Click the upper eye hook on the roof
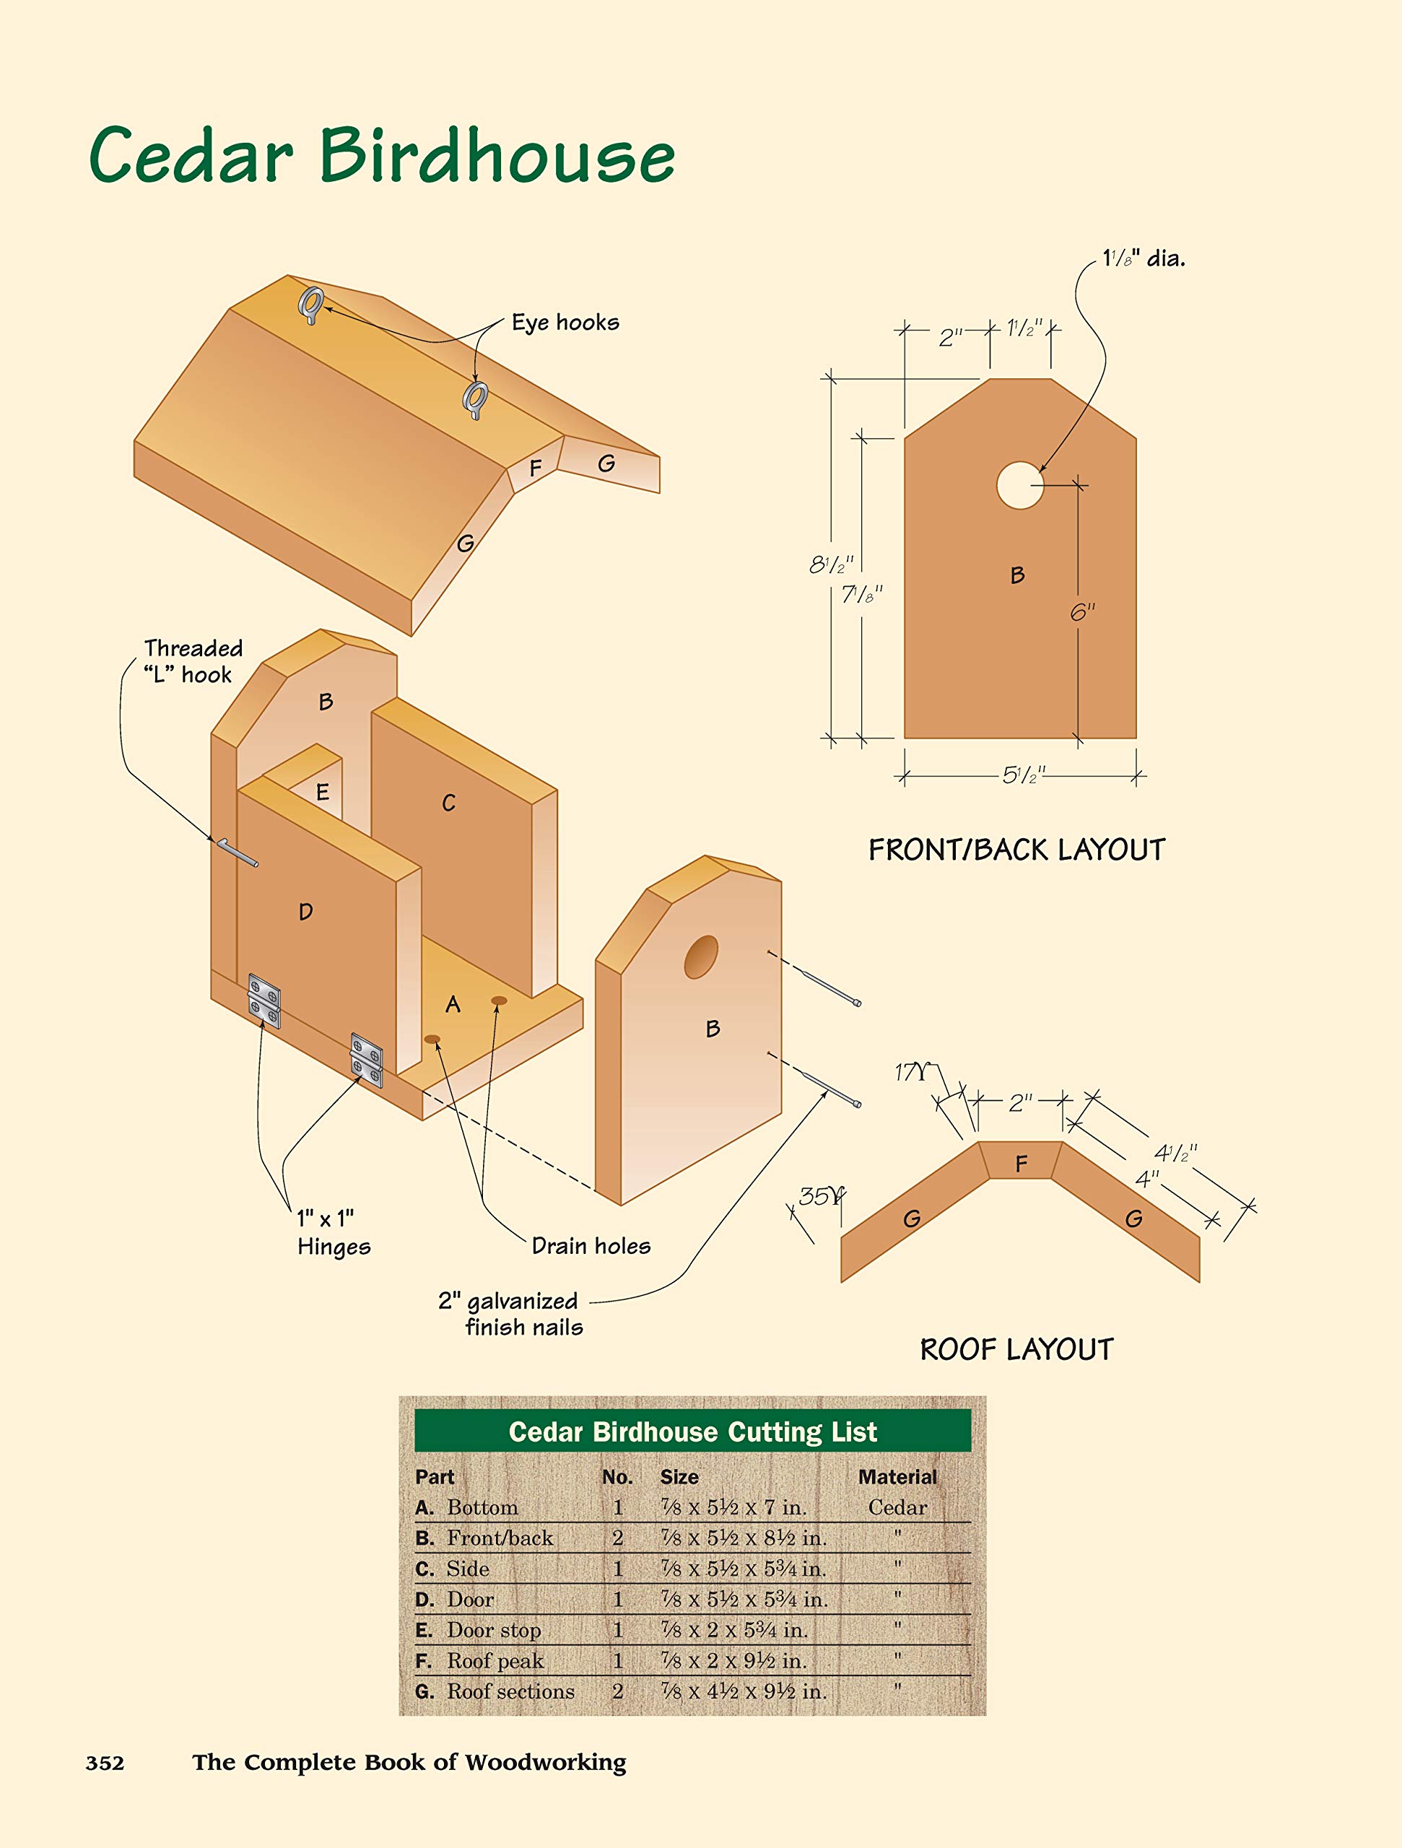click(312, 304)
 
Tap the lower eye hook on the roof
click(476, 399)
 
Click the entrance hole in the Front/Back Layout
click(1019, 485)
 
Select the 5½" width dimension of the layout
click(1023, 775)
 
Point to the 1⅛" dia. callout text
click(1143, 259)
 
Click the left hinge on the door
click(264, 1000)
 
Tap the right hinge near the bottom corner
click(366, 1060)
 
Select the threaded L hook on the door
click(237, 852)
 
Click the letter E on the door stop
click(323, 792)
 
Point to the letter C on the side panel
click(448, 803)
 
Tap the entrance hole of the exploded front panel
click(700, 957)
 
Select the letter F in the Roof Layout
click(1021, 1164)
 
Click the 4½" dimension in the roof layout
click(1175, 1154)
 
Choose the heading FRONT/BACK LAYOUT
click(1016, 850)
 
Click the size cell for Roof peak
click(733, 1660)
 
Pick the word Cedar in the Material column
click(897, 1507)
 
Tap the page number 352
click(105, 1763)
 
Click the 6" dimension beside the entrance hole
click(1082, 612)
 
